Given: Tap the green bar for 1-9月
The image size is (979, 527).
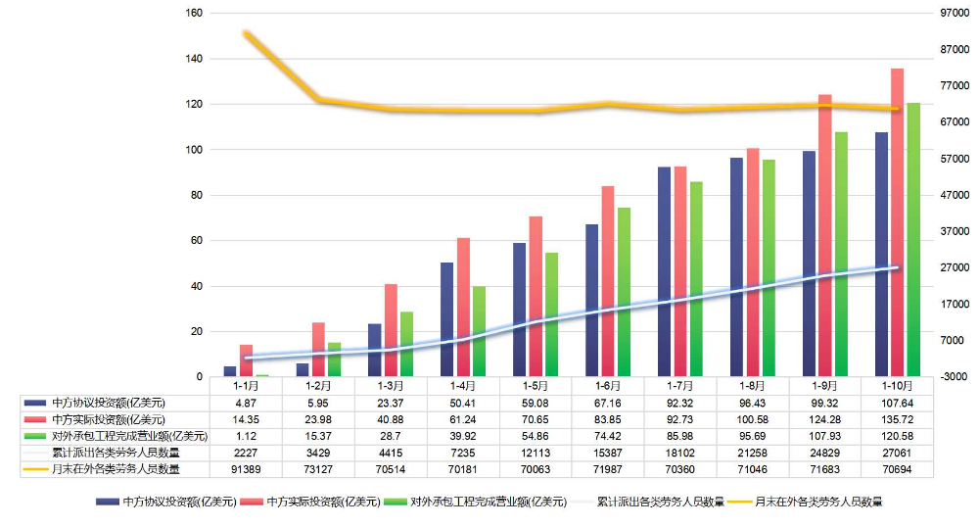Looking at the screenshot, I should tap(840, 255).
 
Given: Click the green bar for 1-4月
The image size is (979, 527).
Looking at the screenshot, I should tap(479, 332).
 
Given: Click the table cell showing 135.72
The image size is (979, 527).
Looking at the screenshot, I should tap(897, 418).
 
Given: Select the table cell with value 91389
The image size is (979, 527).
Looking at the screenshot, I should tap(246, 469).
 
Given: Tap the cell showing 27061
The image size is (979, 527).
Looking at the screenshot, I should tap(897, 453).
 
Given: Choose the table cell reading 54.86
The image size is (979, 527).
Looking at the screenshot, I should tap(536, 435).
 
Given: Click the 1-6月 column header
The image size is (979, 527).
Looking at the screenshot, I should tap(608, 385).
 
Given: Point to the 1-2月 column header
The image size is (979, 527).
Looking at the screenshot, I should tap(318, 385).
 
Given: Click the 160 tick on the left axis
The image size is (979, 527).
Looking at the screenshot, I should tap(193, 14).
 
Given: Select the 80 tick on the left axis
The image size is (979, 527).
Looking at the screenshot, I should tap(196, 196).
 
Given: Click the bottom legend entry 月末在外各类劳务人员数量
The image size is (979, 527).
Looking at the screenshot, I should tap(817, 503).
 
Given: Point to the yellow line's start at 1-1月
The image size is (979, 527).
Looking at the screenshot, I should tap(246, 34).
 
